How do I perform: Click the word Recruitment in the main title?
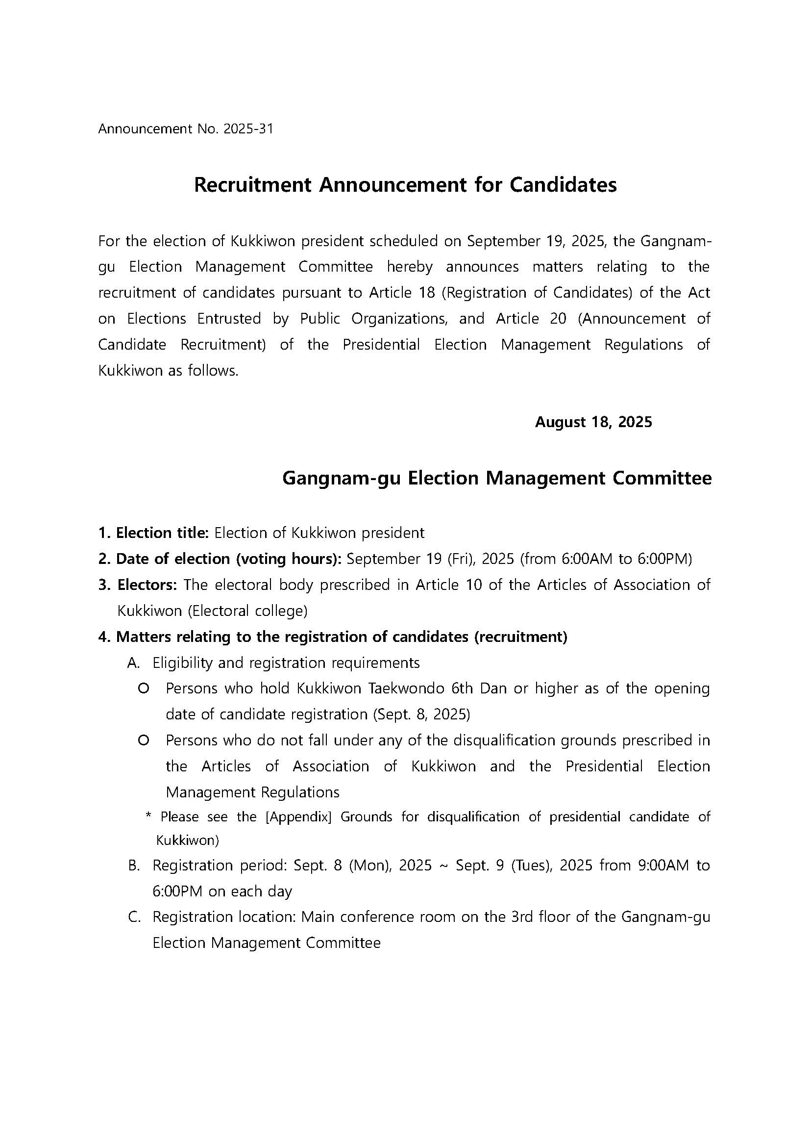point(252,185)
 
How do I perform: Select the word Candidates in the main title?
point(563,185)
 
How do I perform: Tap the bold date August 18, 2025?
point(593,422)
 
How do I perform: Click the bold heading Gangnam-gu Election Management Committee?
point(497,478)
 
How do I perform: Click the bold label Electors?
point(147,585)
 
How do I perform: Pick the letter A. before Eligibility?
point(133,663)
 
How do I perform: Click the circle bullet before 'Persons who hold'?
point(144,689)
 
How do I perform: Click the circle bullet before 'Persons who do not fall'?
point(144,740)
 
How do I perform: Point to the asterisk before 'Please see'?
point(148,816)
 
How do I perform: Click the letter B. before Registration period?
point(133,865)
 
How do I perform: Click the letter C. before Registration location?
point(133,917)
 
